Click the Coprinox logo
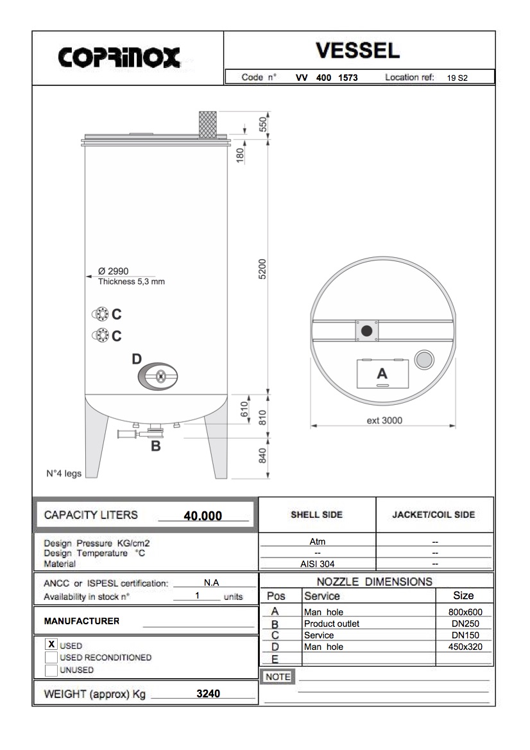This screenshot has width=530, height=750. tap(119, 58)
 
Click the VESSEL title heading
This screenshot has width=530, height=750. tap(357, 50)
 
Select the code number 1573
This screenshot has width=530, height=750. tap(348, 78)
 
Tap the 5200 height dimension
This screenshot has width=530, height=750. tap(261, 269)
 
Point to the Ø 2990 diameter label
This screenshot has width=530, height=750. tap(113, 271)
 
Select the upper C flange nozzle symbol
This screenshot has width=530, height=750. tap(100, 314)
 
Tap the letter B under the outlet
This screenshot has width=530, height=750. tap(155, 447)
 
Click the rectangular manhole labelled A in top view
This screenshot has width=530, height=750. tap(382, 373)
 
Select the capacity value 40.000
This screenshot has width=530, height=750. tap(203, 516)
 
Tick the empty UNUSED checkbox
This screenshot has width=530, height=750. tap(51, 670)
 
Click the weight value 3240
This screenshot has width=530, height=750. tap(209, 694)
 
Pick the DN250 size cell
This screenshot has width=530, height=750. tap(463, 624)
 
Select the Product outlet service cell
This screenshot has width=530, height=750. tap(332, 624)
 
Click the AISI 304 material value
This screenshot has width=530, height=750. tap(317, 564)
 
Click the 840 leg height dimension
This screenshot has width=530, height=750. tap(262, 456)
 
